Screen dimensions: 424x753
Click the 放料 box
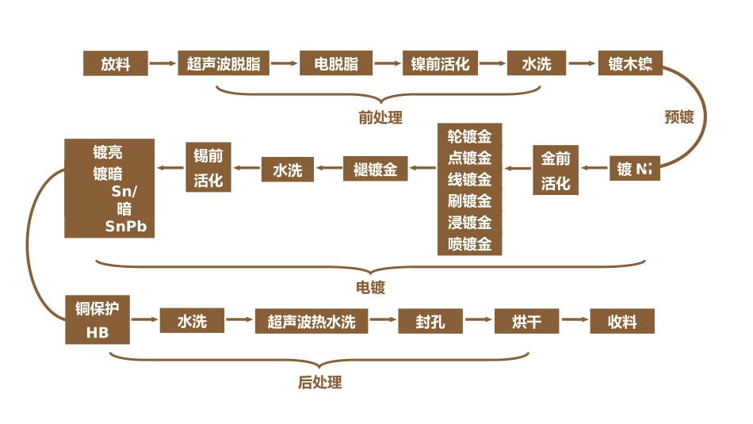pos(115,63)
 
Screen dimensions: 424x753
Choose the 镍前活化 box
pos(440,63)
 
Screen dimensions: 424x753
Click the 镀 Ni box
pos(634,169)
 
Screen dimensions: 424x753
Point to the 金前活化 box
pos(556,170)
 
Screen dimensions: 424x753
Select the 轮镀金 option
pos(469,136)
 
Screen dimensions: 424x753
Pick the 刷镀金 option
pos(469,201)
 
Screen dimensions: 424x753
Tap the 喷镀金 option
pos(469,244)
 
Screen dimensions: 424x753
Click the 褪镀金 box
pos(375,170)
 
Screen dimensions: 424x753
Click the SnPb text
pos(126,227)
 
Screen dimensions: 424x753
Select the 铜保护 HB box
pos(97,319)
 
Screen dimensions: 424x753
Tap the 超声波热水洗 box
pos(312,321)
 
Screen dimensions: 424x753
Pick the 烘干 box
pos(527,321)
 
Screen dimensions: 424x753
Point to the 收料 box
pos(622,321)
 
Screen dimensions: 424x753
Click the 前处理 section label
pos(380,118)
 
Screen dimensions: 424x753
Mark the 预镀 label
pos(678,117)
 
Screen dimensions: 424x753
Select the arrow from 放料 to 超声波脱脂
pos(162,63)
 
